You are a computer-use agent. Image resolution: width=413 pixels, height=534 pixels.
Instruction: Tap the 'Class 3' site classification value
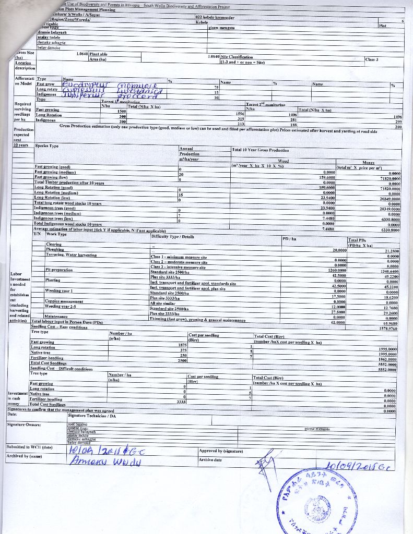click(371, 59)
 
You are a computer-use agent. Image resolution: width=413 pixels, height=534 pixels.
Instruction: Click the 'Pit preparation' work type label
click(58, 270)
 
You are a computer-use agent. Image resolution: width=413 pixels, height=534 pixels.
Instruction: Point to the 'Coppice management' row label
click(64, 301)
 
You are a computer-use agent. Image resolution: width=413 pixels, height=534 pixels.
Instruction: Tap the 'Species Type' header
click(47, 145)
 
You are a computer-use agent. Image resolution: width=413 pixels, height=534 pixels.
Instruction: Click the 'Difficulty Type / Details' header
click(172, 236)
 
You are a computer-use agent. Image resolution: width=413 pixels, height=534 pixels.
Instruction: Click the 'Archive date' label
click(210, 459)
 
